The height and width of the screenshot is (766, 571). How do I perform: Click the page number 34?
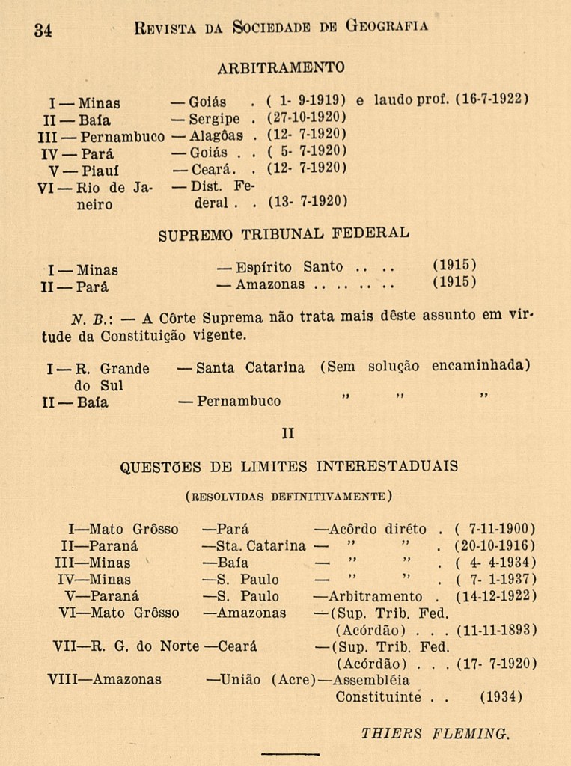pos(43,30)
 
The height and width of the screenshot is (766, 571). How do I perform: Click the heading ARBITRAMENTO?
pos(281,68)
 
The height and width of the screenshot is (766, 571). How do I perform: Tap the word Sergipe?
pos(214,118)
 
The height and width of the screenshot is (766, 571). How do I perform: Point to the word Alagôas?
pos(216,135)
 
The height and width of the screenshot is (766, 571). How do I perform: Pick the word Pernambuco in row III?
pos(122,137)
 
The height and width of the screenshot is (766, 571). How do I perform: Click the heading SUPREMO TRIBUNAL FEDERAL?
pos(284,234)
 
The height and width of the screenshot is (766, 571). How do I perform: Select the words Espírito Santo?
pos(289,267)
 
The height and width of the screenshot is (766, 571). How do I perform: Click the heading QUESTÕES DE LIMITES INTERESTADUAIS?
pos(290,467)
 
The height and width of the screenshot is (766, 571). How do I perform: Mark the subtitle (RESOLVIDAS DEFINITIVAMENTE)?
pos(289,495)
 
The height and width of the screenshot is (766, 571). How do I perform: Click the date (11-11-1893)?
pos(496,630)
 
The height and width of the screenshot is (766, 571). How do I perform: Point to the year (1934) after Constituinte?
pos(501,697)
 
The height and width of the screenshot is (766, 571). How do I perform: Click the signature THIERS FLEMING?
pos(436,733)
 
